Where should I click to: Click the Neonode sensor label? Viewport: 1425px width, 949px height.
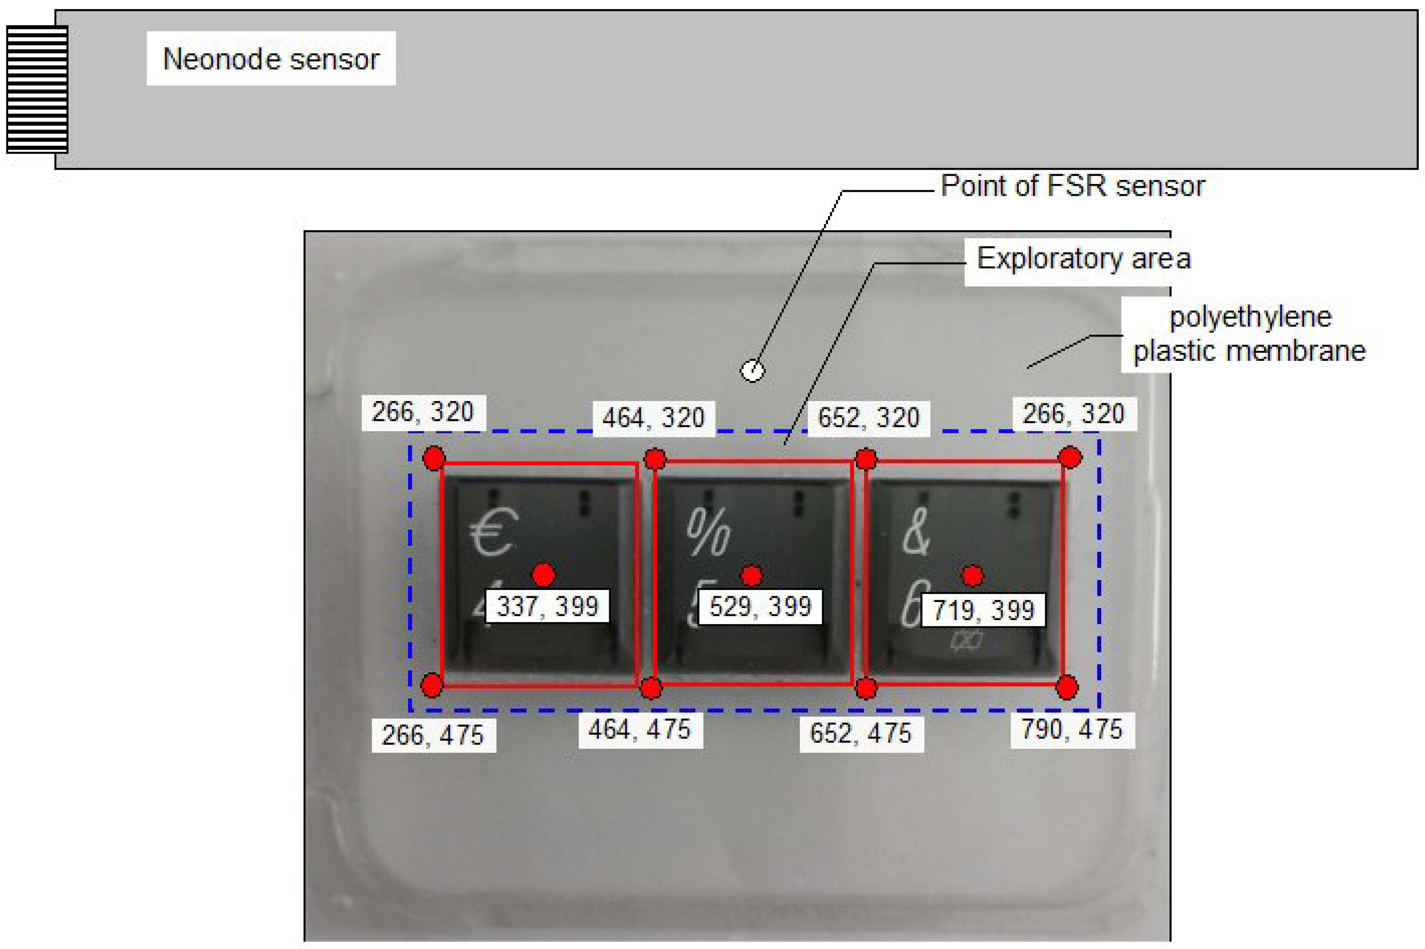pyautogui.click(x=271, y=59)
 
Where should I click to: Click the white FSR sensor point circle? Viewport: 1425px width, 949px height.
pyautogui.click(x=752, y=370)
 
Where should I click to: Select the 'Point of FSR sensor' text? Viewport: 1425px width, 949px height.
pyautogui.click(x=1072, y=185)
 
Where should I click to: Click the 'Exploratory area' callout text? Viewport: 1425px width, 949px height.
pyautogui.click(x=1084, y=258)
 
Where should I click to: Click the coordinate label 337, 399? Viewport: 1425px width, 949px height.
pyautogui.click(x=547, y=606)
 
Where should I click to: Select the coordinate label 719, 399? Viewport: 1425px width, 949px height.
pyautogui.click(x=983, y=609)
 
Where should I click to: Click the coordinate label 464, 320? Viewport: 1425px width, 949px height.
pyautogui.click(x=653, y=418)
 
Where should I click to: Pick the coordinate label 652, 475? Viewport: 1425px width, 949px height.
pyautogui.click(x=861, y=733)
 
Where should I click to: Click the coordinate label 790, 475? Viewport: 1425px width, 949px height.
pyautogui.click(x=1072, y=729)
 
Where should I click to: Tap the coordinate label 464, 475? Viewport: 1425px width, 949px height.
pyautogui.click(x=640, y=730)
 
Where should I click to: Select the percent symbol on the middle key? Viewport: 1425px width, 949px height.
pyautogui.click(x=708, y=531)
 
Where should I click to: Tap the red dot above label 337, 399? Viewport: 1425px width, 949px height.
pyautogui.click(x=543, y=574)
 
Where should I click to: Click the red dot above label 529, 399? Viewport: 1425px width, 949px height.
pyautogui.click(x=752, y=576)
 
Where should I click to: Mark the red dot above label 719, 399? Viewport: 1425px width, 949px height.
pyautogui.click(x=972, y=576)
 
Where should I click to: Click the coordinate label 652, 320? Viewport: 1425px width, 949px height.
pyautogui.click(x=869, y=418)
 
